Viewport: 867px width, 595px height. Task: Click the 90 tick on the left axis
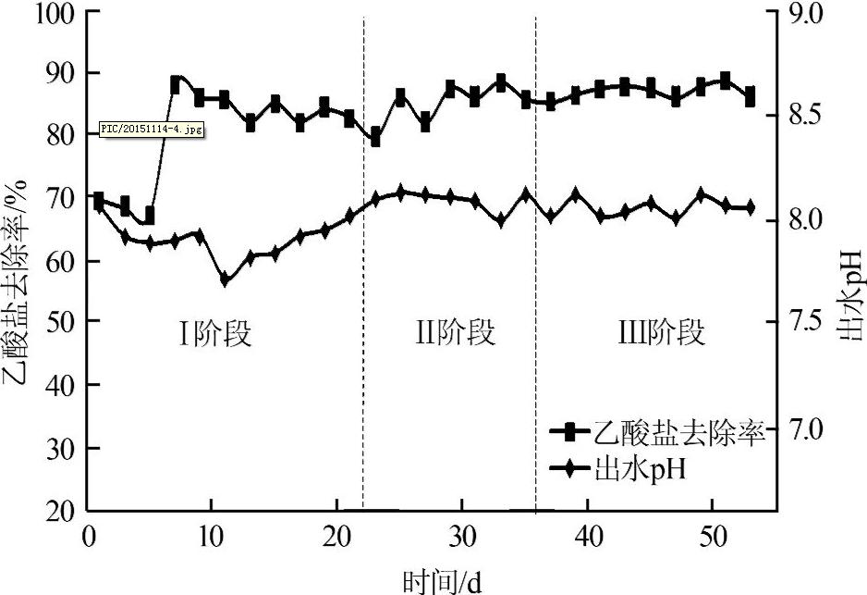(x=62, y=72)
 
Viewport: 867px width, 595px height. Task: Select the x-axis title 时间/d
(x=442, y=581)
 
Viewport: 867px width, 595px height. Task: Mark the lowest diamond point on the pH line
(x=225, y=279)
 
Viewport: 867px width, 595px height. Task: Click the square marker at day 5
(x=149, y=216)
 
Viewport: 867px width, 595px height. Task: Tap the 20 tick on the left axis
(x=62, y=510)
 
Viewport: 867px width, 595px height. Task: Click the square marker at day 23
(x=375, y=137)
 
